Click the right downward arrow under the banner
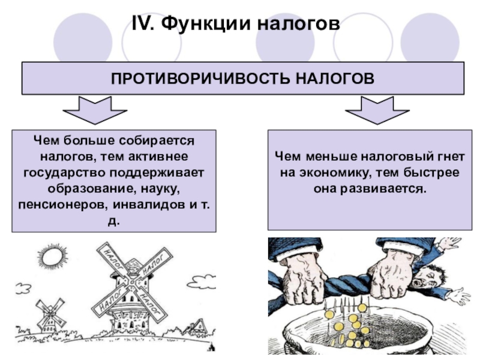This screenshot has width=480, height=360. (377, 110)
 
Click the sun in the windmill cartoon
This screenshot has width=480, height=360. (52, 259)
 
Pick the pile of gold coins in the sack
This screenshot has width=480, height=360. (351, 327)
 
